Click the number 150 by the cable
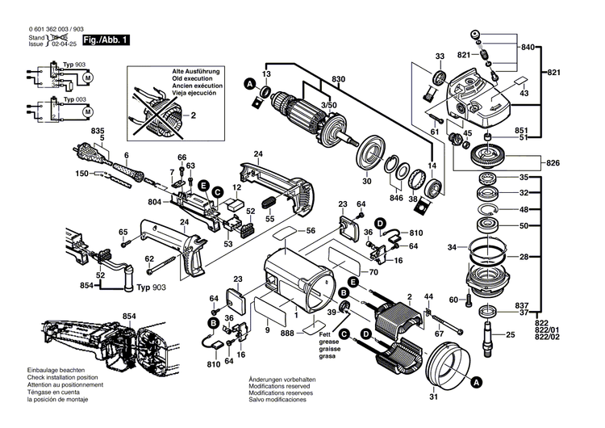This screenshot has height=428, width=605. pyautogui.click(x=104, y=174)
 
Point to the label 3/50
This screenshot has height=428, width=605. pyautogui.click(x=329, y=106)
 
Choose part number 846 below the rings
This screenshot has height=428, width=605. pyautogui.click(x=396, y=196)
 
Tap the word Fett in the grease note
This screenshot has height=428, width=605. pyautogui.click(x=323, y=336)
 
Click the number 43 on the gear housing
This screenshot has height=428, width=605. pyautogui.click(x=525, y=94)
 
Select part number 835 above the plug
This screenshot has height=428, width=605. pyautogui.click(x=98, y=130)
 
